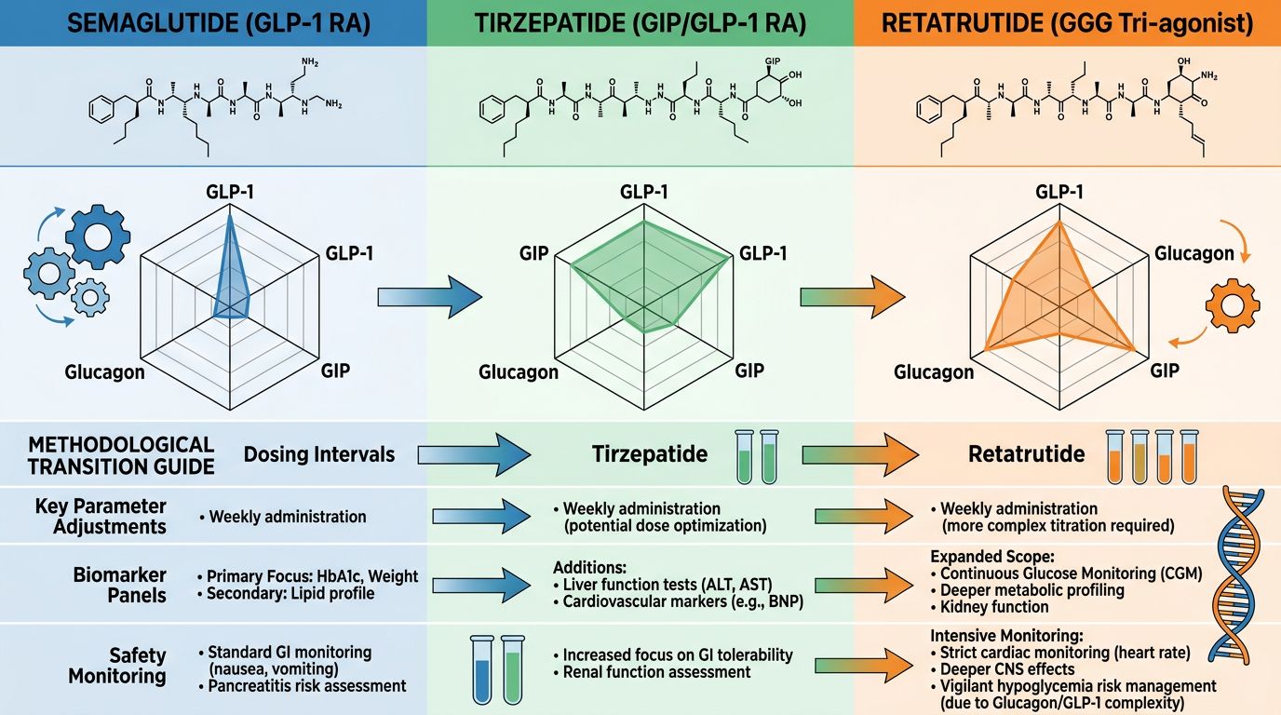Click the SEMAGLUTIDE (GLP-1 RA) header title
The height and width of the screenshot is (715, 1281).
click(213, 23)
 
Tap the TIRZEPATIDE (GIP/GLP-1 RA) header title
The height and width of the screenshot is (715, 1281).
click(640, 23)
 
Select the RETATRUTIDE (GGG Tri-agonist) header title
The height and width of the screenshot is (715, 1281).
click(1067, 23)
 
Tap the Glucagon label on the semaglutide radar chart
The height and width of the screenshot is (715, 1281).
click(104, 372)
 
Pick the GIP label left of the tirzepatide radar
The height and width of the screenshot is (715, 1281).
click(533, 253)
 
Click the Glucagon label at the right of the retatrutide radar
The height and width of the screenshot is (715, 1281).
click(1194, 253)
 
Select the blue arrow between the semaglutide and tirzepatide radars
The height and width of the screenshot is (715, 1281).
click(429, 297)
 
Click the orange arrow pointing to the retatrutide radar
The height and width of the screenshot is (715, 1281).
click(853, 297)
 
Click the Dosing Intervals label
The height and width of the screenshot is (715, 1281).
click(319, 455)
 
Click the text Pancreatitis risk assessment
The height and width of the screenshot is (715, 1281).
click(307, 686)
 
